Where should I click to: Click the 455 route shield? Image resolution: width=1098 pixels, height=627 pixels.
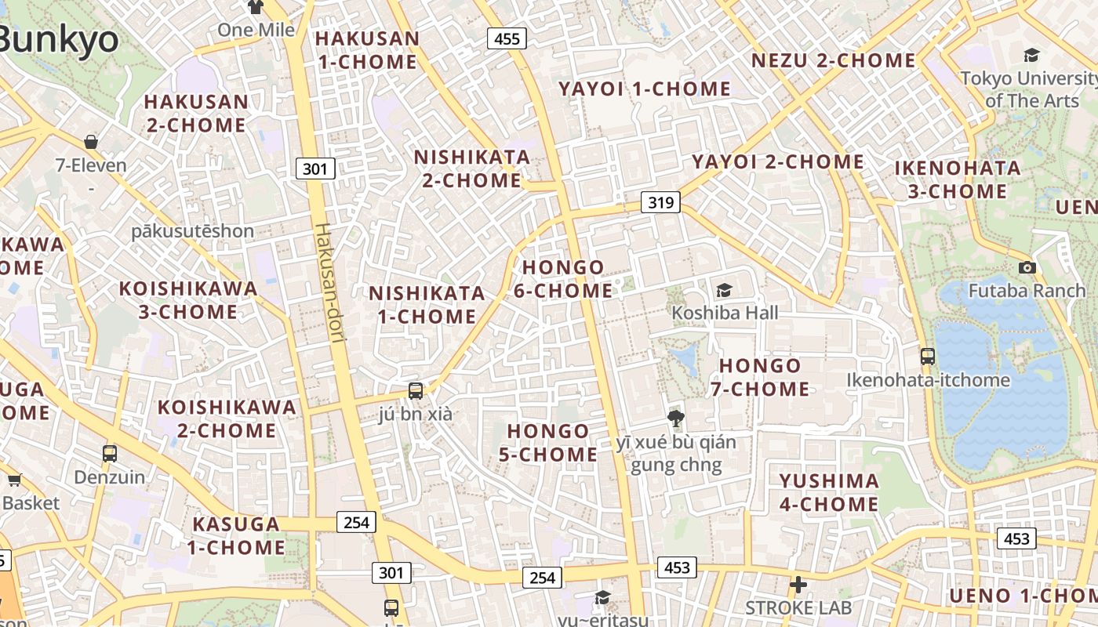tap(507, 38)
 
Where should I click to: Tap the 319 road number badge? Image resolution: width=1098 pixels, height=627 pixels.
tap(660, 203)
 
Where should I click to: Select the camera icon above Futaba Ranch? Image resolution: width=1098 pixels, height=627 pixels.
tap(1027, 267)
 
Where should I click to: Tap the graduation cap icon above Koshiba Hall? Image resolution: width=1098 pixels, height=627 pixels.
tap(724, 290)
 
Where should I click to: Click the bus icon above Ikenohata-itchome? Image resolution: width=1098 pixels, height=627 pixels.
tap(928, 357)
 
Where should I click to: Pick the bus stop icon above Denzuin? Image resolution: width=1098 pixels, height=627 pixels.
tap(110, 453)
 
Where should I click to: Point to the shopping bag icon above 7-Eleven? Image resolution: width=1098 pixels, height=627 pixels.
tap(91, 142)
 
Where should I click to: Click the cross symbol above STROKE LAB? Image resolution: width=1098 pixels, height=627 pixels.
tap(798, 585)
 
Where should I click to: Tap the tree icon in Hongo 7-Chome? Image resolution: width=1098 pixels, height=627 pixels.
tap(675, 418)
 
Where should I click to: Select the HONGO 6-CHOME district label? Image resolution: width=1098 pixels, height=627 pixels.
tap(563, 279)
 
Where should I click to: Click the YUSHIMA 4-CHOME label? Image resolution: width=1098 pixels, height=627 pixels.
tap(829, 492)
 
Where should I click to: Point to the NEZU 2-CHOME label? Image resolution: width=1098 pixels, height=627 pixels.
tap(833, 60)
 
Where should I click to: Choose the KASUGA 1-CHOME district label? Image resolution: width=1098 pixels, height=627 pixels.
tap(236, 535)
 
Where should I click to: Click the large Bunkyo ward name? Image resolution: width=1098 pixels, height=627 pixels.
tap(59, 39)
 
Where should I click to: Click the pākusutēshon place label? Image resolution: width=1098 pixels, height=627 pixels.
tap(192, 231)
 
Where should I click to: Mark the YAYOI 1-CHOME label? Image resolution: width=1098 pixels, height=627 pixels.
tap(644, 89)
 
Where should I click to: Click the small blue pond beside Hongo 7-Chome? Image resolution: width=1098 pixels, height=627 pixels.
tap(686, 361)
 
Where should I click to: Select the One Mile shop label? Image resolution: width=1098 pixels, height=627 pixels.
tap(256, 30)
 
